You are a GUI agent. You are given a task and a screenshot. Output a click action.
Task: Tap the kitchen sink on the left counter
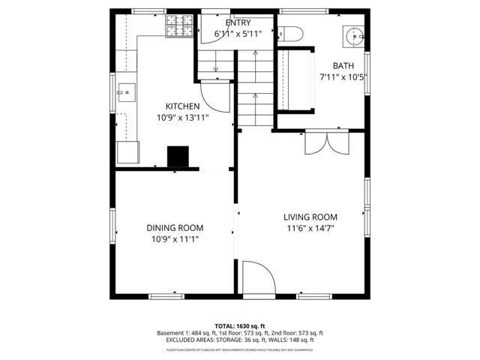pyautogui.click(x=126, y=93)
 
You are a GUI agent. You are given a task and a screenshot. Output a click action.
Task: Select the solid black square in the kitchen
pyautogui.click(x=178, y=156)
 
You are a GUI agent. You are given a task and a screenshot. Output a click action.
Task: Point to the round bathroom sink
pyautogui.click(x=352, y=35)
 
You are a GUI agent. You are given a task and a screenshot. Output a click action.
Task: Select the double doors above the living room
pyautogui.click(x=326, y=142)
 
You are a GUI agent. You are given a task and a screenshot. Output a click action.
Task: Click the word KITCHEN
pyautogui.click(x=182, y=106)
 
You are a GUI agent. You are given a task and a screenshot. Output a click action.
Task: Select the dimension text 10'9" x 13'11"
pyautogui.click(x=182, y=118)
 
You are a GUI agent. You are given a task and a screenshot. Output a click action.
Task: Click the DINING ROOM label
pyautogui.click(x=175, y=228)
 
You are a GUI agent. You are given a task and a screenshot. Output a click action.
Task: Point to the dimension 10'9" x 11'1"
pyautogui.click(x=175, y=239)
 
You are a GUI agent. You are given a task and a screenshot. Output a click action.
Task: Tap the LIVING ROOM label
pyautogui.click(x=310, y=217)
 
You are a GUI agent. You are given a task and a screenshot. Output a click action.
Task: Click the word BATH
pyautogui.click(x=343, y=66)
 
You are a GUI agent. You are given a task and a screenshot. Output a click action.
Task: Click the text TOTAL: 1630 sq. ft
pyautogui.click(x=240, y=325)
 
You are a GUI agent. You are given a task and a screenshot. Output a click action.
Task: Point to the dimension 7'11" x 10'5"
pyautogui.click(x=343, y=77)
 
